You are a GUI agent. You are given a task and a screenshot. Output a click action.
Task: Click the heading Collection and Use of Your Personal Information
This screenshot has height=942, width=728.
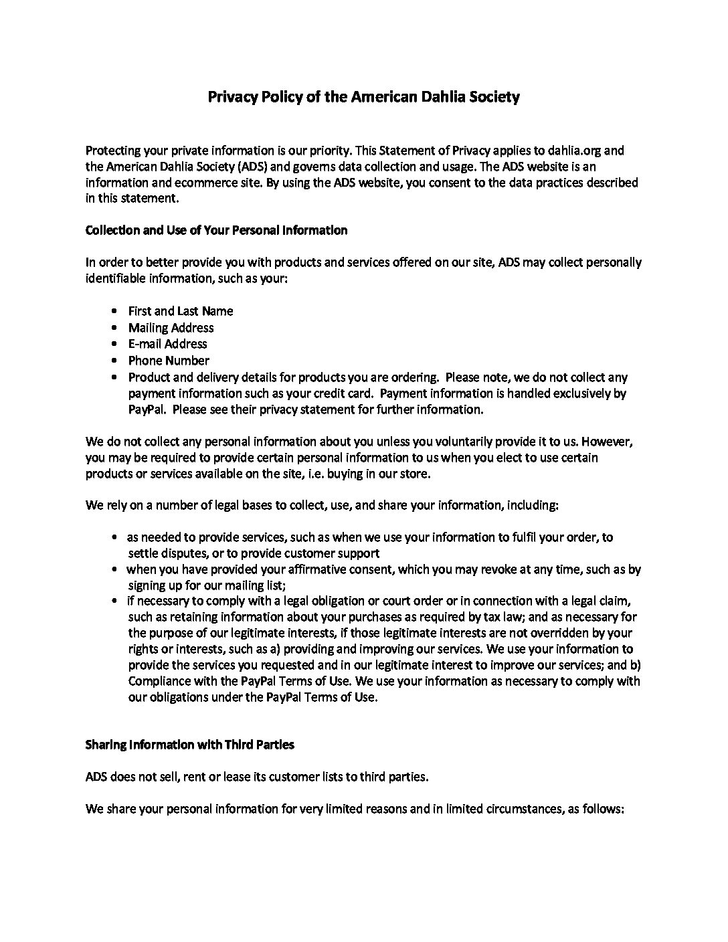(x=216, y=230)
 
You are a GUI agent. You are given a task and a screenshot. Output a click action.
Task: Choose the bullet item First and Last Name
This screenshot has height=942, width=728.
(x=181, y=311)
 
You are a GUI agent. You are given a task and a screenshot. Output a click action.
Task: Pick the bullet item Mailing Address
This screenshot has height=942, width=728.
(x=171, y=328)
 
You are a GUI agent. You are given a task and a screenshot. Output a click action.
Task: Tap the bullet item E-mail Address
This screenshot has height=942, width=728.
(x=167, y=344)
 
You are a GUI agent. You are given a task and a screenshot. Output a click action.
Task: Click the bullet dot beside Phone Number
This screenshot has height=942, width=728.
(x=116, y=361)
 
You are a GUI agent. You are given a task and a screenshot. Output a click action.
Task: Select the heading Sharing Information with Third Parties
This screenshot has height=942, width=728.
(x=189, y=745)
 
